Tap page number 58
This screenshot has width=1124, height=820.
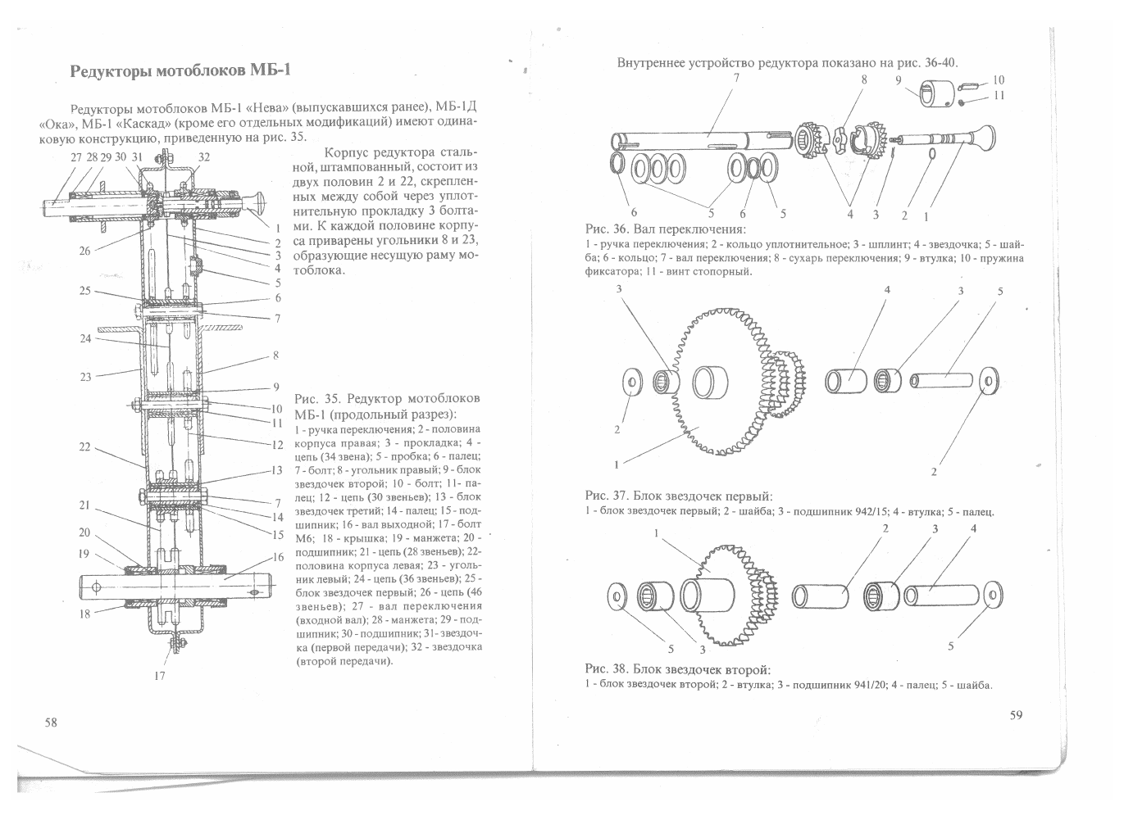click(51, 723)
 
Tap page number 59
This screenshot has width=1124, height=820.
click(1016, 715)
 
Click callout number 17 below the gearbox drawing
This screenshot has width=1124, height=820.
click(160, 675)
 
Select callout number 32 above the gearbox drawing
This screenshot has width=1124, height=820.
click(203, 156)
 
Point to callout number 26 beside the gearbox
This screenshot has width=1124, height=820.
click(85, 251)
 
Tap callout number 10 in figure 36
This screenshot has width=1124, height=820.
click(998, 80)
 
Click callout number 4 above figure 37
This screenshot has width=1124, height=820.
click(887, 290)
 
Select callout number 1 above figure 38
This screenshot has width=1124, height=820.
click(657, 533)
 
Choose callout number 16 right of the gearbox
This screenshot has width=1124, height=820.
click(277, 557)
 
